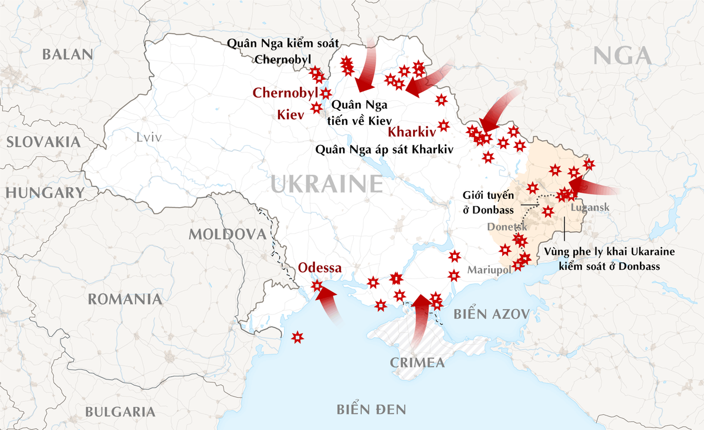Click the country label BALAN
click(x=67, y=55)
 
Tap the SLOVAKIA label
click(x=43, y=141)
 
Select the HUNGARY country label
click(x=45, y=193)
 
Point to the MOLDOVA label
click(x=227, y=235)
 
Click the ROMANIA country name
click(x=125, y=299)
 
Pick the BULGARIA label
click(x=120, y=412)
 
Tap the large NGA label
click(x=622, y=56)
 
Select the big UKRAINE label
click(x=327, y=185)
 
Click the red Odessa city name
click(x=320, y=268)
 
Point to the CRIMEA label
click(x=417, y=363)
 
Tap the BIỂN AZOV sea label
click(x=492, y=314)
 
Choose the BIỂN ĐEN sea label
click(x=371, y=409)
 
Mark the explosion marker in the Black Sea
click(x=297, y=337)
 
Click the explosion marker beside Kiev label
click(x=316, y=107)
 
